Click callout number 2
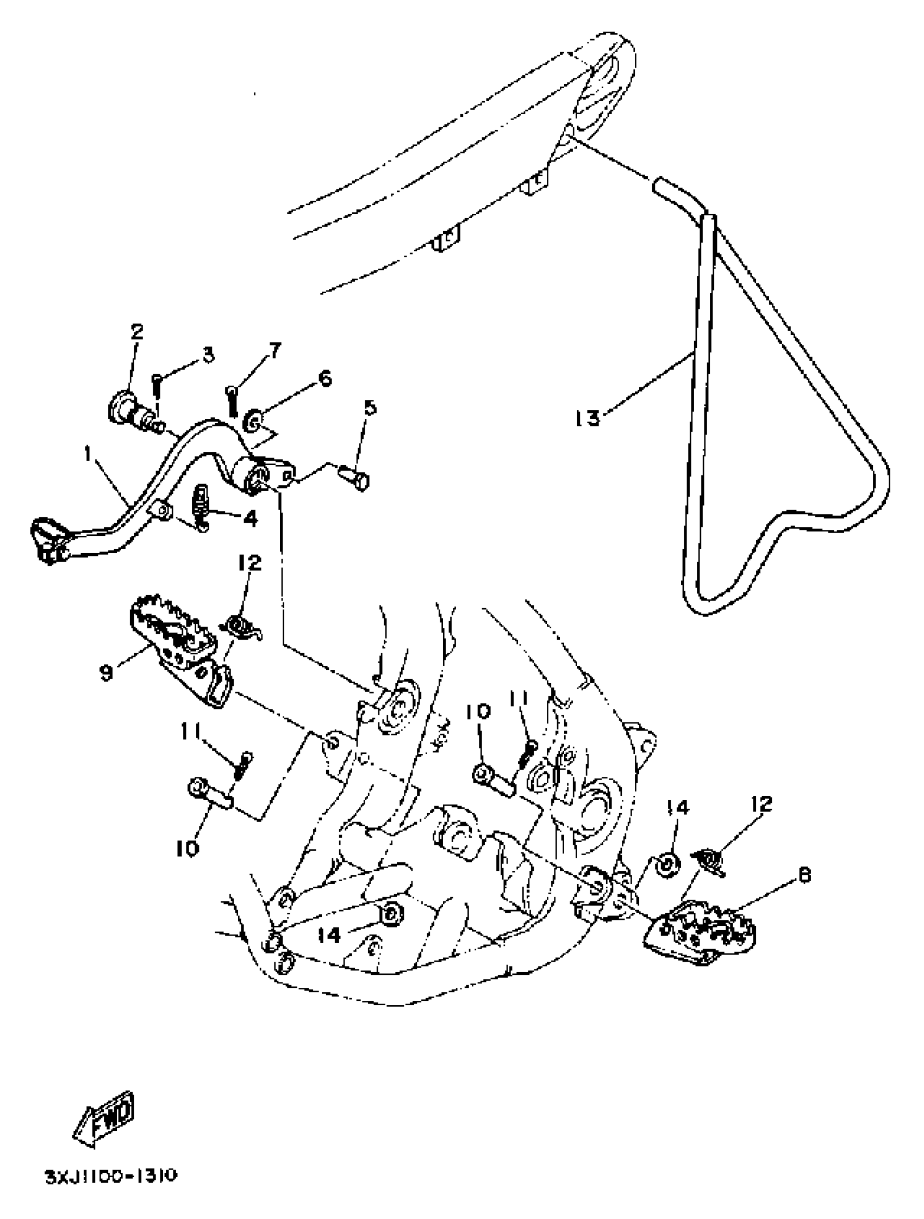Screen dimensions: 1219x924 (136, 332)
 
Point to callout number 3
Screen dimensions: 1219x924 (208, 355)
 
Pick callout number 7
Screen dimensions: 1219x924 (274, 349)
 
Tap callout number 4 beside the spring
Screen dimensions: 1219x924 (250, 517)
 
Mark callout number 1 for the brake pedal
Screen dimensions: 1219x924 (88, 454)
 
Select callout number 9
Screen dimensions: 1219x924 (107, 673)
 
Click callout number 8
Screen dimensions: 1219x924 (804, 876)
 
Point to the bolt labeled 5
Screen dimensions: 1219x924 (354, 474)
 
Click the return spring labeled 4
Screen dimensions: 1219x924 (201, 506)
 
